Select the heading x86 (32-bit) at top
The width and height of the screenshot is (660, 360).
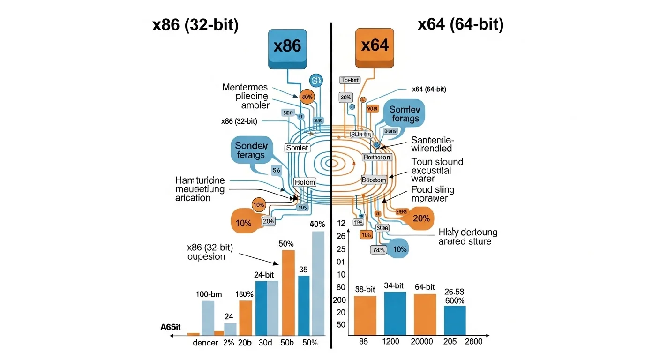[x=195, y=24]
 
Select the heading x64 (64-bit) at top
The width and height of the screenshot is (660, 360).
[x=460, y=23]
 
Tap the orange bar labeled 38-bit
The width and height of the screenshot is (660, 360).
[x=365, y=315]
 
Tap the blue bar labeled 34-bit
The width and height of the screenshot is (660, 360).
[x=395, y=313]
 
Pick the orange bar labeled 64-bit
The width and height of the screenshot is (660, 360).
[x=425, y=314]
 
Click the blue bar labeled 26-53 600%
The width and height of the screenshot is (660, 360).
[x=455, y=320]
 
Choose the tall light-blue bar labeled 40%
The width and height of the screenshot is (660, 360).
[x=318, y=283]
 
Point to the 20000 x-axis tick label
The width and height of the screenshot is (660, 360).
[x=422, y=342]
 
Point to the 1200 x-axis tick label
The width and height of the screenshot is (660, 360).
[x=390, y=342]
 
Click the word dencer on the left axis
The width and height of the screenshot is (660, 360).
[x=205, y=343]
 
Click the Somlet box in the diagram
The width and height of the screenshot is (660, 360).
[x=297, y=148]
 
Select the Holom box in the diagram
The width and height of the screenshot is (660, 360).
[x=305, y=182]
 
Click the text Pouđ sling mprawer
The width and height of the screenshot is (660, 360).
[x=432, y=194]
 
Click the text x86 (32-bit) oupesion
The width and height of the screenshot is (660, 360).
[x=210, y=252]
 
